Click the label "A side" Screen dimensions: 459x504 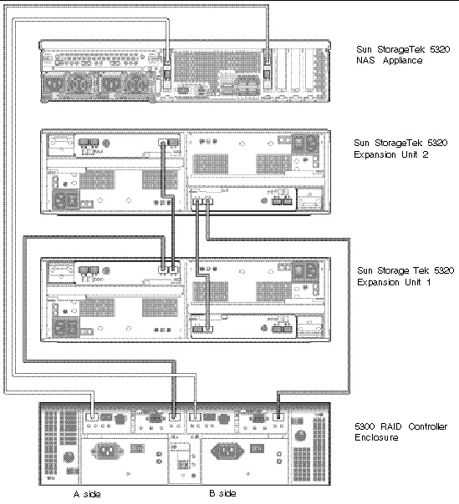click(87, 494)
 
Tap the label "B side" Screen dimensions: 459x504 click(222, 493)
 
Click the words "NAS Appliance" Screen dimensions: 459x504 click(389, 60)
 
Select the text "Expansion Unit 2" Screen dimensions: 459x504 click(391, 154)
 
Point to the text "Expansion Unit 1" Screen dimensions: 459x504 click(394, 282)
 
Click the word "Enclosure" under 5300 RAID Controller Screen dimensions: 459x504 click(376, 437)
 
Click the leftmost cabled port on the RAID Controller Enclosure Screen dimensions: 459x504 click(92, 417)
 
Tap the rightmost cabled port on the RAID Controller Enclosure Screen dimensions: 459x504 click(278, 417)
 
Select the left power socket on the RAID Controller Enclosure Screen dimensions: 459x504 click(107, 451)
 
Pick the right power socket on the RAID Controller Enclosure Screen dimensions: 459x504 click(227, 451)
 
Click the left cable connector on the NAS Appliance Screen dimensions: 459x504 click(167, 74)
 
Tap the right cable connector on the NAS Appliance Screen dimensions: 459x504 click(267, 74)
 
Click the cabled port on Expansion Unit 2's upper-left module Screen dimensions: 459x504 click(163, 142)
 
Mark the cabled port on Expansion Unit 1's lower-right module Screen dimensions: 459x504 click(207, 329)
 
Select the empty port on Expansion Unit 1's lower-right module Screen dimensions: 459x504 click(197, 329)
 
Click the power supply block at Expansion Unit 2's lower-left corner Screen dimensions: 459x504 click(66, 199)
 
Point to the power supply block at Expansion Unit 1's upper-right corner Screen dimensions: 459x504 click(305, 271)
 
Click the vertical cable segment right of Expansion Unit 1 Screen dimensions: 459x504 click(349, 315)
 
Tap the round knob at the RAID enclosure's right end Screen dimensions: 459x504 click(300, 436)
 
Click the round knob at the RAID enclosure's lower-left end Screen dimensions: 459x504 click(69, 456)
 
